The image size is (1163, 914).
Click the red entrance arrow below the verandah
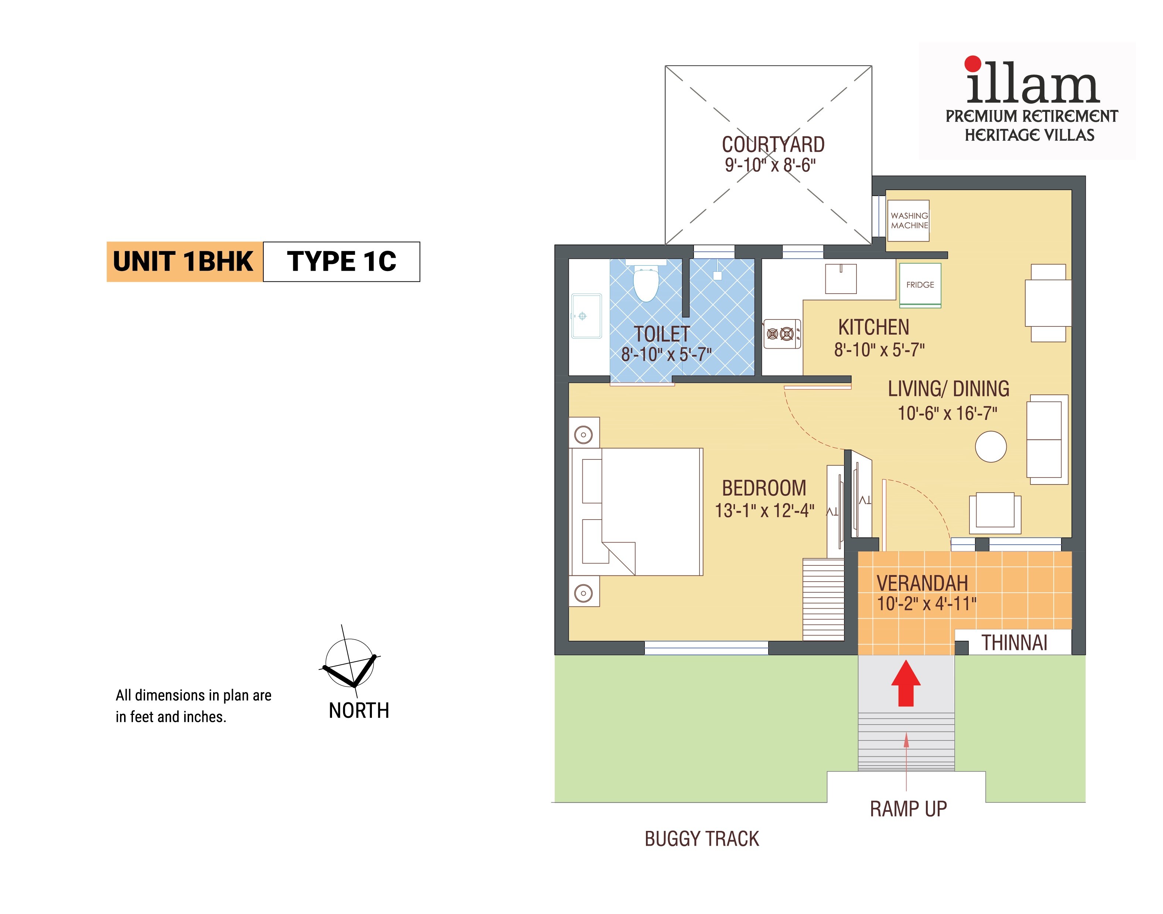click(906, 683)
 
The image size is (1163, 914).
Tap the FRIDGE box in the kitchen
click(920, 285)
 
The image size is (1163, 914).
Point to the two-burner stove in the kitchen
click(781, 334)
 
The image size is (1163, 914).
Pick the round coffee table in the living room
click(991, 447)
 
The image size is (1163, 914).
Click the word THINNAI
click(1014, 643)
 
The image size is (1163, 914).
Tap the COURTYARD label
click(773, 144)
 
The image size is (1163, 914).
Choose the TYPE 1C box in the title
click(342, 262)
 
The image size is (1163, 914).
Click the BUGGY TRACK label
click(702, 839)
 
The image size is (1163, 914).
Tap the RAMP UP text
click(908, 809)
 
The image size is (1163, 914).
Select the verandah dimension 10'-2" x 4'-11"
click(926, 604)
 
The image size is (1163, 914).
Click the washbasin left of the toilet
click(586, 316)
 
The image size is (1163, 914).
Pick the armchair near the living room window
click(995, 513)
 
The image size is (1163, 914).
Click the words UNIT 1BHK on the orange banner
click(183, 262)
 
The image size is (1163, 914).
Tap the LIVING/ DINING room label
click(948, 389)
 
